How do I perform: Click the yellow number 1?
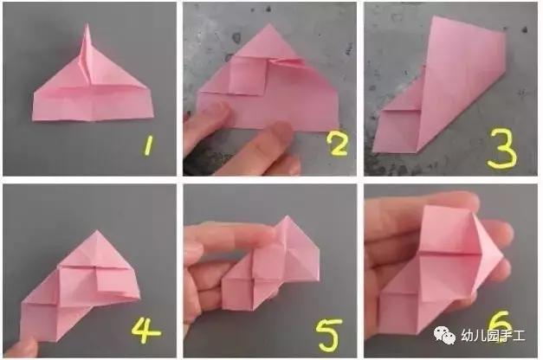(149, 145)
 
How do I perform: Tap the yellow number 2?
(338, 145)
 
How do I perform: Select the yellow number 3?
(503, 149)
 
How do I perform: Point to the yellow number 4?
(145, 331)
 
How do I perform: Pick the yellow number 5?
(328, 334)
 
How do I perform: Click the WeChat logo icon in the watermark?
(445, 335)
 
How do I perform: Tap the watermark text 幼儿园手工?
(493, 336)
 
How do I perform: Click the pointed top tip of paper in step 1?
(87, 24)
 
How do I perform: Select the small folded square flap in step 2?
(248, 75)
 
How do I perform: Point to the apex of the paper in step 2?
(270, 24)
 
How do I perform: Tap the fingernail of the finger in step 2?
(281, 131)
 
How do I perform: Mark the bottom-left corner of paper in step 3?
(373, 151)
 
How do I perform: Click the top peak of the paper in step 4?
(97, 231)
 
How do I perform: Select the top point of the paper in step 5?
(287, 216)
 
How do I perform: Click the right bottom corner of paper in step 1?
(152, 117)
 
